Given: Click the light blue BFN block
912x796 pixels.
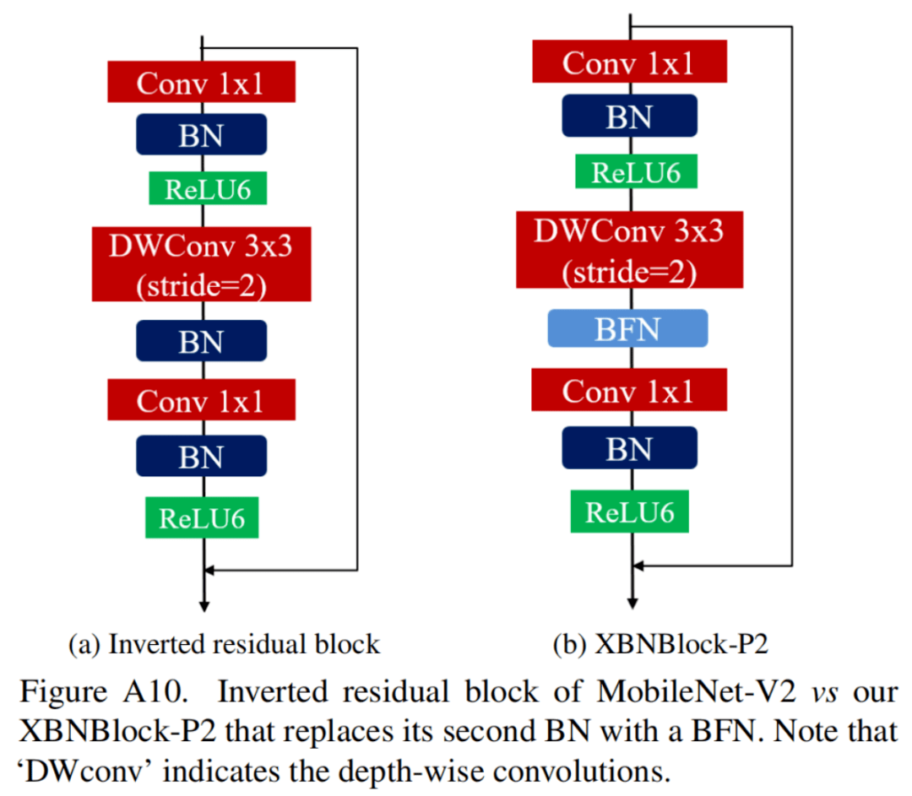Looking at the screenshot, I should [x=627, y=328].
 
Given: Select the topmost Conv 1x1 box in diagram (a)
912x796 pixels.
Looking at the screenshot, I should [x=201, y=82].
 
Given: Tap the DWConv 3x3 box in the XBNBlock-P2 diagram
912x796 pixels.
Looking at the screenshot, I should [x=629, y=251].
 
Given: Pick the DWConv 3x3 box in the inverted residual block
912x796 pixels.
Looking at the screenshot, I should [x=201, y=264].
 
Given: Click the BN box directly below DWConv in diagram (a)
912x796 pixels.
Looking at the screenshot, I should [x=201, y=341].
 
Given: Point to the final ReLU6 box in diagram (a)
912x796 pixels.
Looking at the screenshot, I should [x=202, y=517].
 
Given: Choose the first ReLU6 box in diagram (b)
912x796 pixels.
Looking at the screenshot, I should [x=629, y=172].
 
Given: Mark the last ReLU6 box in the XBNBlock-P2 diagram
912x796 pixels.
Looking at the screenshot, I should [x=629, y=512].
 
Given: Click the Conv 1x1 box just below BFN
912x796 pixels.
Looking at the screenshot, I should [x=629, y=391].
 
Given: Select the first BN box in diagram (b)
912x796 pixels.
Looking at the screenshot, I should [x=629, y=116].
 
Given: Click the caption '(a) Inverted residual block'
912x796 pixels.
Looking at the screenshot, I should [x=224, y=645].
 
